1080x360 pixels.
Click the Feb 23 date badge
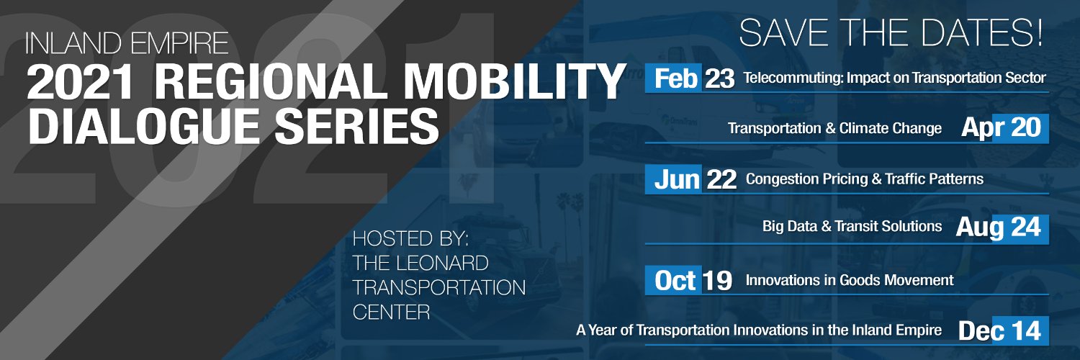tap(690, 78)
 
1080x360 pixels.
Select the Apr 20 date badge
tap(1001, 128)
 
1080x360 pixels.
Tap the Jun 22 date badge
tap(694, 180)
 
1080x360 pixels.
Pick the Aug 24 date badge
tap(998, 228)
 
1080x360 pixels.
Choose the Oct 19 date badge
tap(693, 281)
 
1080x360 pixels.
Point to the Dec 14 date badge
tap(999, 330)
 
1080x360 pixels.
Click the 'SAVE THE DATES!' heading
tap(891, 32)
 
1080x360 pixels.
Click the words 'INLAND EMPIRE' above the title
tap(127, 44)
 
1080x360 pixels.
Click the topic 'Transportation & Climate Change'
tap(834, 129)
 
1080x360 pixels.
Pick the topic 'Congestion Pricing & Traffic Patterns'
tap(864, 179)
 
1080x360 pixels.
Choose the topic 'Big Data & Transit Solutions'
tap(852, 227)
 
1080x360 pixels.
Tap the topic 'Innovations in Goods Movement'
tap(850, 280)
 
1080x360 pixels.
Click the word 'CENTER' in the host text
tap(391, 312)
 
